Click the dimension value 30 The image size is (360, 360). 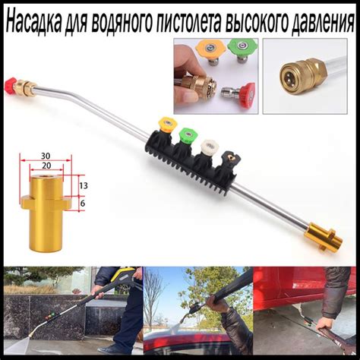(x=46, y=157)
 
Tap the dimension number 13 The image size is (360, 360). (x=84, y=185)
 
